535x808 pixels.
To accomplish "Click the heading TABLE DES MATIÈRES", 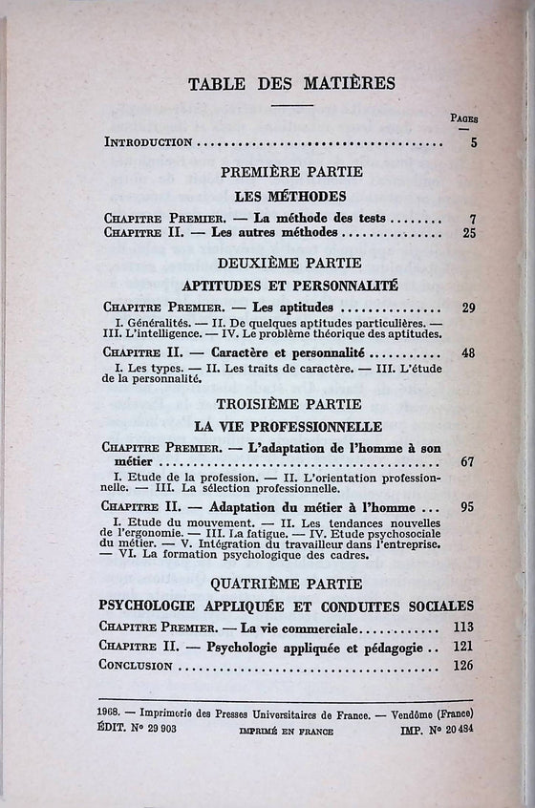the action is click(278, 83).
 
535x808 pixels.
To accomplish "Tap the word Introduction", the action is click(148, 142).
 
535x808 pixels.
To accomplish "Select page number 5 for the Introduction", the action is click(473, 142).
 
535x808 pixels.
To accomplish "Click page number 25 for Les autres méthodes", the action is click(469, 232).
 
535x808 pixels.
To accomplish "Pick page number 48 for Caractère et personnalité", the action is click(468, 352).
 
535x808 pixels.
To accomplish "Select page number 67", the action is click(467, 462).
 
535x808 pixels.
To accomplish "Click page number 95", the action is click(467, 507).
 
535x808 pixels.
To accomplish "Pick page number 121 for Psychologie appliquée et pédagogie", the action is click(463, 648).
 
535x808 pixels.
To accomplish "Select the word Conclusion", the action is click(135, 666).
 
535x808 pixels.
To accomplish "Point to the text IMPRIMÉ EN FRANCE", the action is click(287, 731).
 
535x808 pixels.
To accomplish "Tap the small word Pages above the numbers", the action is click(465, 118).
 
